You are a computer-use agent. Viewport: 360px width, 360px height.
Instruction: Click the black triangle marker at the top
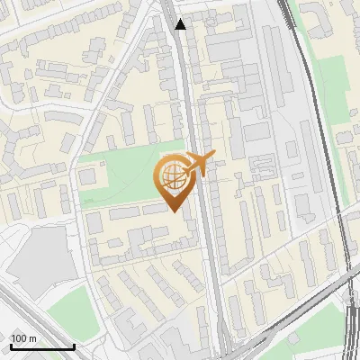point(181,24)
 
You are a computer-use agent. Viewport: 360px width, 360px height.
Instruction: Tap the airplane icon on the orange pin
point(197,164)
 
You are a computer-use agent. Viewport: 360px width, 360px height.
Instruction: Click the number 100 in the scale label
point(18,338)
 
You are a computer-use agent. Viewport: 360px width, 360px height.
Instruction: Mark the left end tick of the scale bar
point(10,346)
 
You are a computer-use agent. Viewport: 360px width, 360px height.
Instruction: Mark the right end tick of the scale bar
point(74,346)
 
